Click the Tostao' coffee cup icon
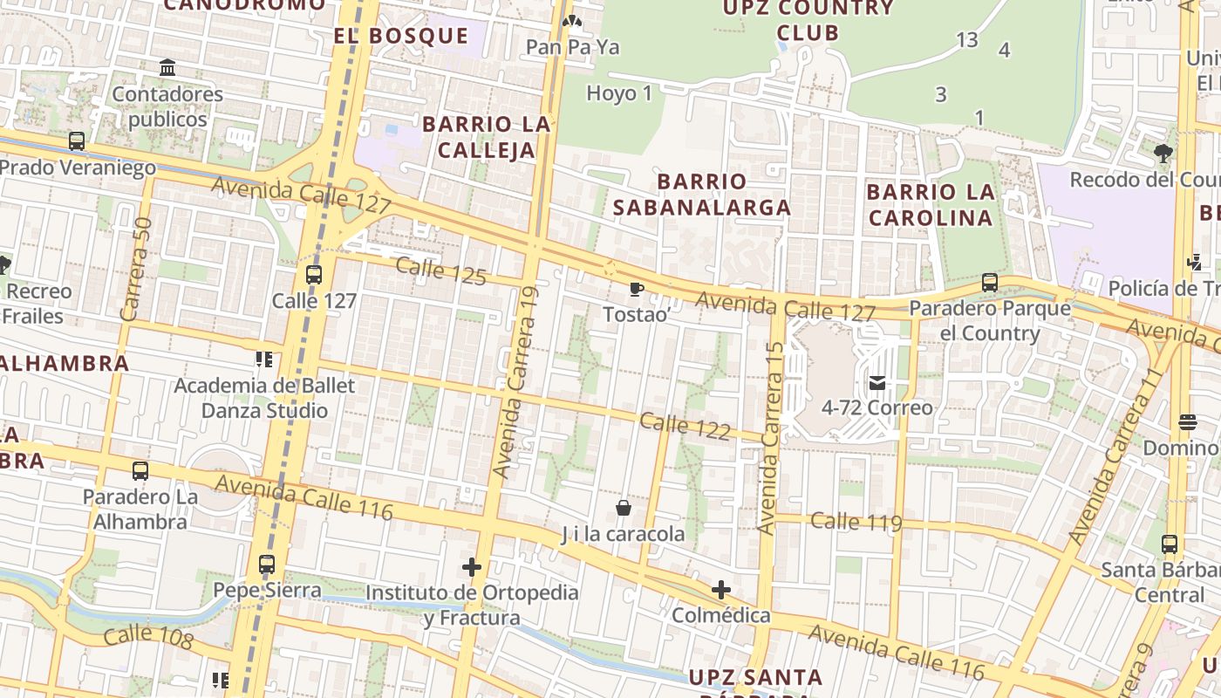pos(637,289)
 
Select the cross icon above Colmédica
pos(720,590)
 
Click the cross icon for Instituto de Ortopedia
pos(472,568)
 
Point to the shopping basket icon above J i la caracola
pos(624,508)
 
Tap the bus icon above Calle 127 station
pos(314,274)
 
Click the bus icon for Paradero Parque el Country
pos(989,283)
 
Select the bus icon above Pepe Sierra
pos(267,565)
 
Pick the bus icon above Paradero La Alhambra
pos(140,471)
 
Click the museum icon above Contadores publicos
pos(167,68)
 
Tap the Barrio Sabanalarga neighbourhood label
pos(702,195)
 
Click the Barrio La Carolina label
pos(931,204)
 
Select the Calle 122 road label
pos(685,427)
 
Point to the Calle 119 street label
pos(856,523)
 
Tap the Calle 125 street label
pos(440,270)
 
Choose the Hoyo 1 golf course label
pos(619,93)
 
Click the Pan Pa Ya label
pos(573,47)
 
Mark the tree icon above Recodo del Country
pos(1163,154)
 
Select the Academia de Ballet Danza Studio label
pos(264,398)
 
